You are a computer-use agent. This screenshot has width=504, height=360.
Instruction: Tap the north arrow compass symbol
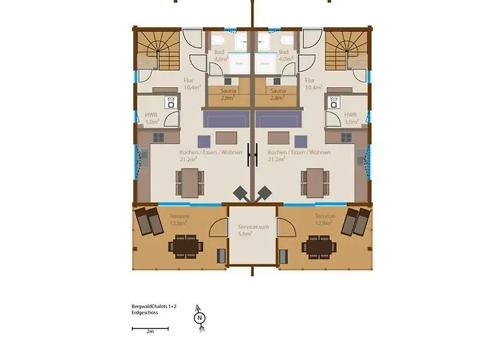pos(199,316)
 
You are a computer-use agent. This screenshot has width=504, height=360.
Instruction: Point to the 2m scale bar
pos(149,328)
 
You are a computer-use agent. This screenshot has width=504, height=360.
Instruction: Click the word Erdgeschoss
pos(136,312)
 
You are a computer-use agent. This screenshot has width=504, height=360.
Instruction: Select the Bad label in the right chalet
pos(284,53)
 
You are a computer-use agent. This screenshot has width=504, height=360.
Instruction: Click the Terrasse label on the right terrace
pos(325,215)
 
